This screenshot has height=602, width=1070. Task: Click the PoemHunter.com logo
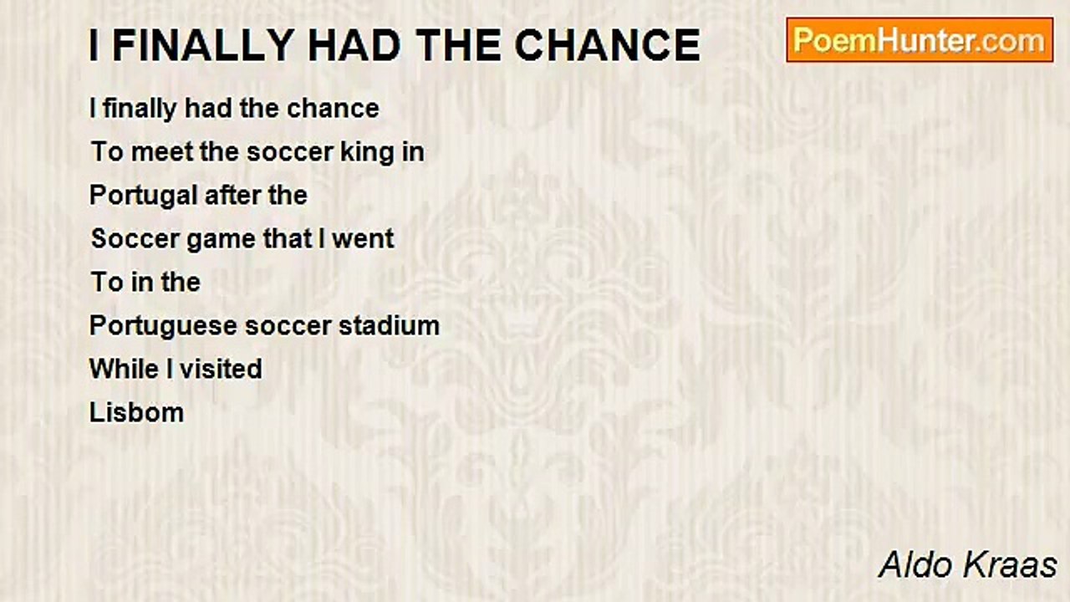click(920, 40)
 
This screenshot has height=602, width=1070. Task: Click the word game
click(221, 239)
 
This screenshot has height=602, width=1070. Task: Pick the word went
click(363, 239)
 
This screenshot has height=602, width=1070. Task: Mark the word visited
click(222, 370)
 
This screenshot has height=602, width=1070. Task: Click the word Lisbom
click(136, 413)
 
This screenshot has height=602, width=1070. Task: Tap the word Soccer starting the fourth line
click(135, 239)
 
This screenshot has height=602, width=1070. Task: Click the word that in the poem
click(288, 239)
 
